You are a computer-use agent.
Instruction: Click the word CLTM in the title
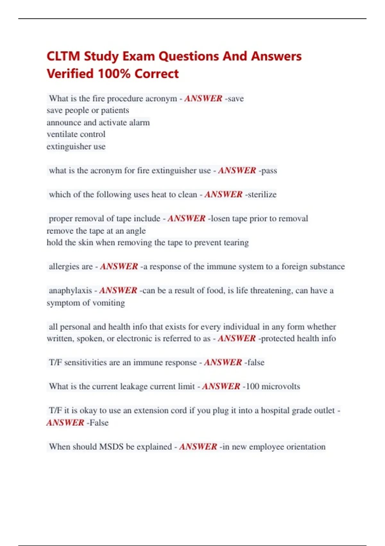pyautogui.click(x=63, y=56)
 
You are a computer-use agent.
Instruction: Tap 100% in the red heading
pyautogui.click(x=114, y=74)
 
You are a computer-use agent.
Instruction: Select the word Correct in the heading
pyautogui.click(x=157, y=74)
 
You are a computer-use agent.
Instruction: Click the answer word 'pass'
pyautogui.click(x=269, y=171)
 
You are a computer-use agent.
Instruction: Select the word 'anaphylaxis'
pyautogui.click(x=70, y=291)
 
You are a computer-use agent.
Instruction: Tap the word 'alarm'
pyautogui.click(x=139, y=123)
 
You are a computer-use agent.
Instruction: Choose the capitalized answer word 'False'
pyautogui.click(x=99, y=423)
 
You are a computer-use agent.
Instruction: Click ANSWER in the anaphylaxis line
pyautogui.click(x=118, y=291)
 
